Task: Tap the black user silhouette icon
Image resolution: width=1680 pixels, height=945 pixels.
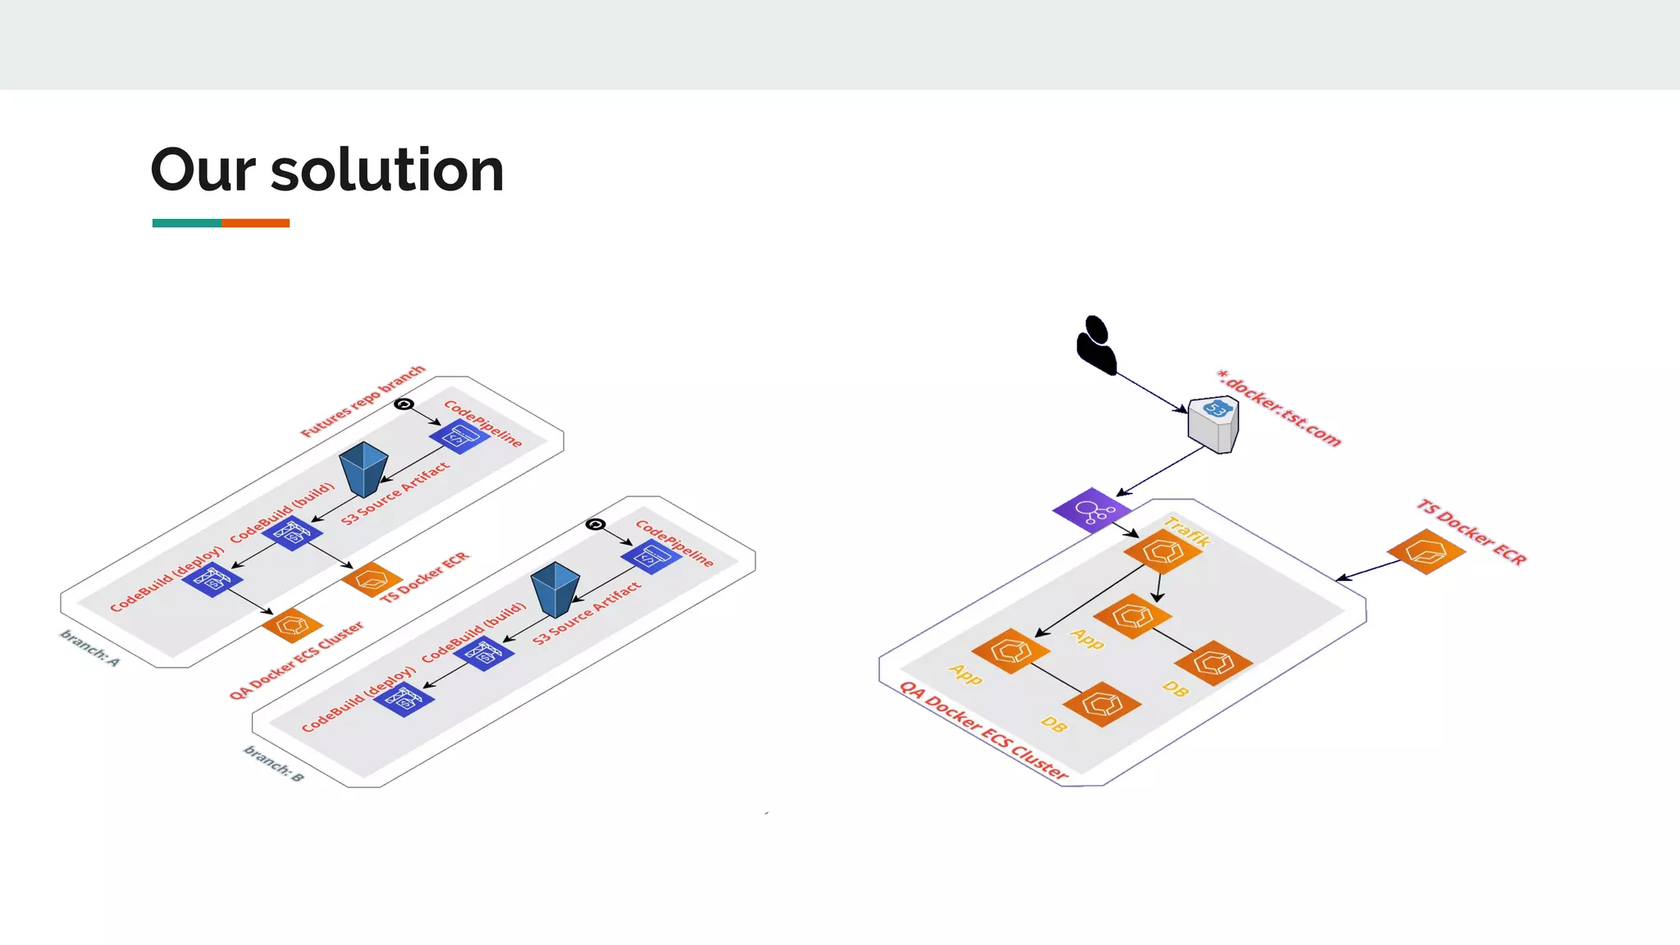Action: [x=1096, y=345]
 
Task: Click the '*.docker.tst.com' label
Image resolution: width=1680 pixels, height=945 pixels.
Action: [x=1279, y=409]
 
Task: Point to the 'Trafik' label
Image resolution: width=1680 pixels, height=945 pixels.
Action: [x=1187, y=532]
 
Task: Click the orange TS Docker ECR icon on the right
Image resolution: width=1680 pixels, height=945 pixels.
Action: [x=1426, y=551]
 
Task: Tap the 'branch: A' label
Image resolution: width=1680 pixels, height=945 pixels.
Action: [x=90, y=648]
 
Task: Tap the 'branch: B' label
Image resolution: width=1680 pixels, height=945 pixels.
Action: [x=274, y=764]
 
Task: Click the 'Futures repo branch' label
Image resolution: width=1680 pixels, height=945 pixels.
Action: [x=363, y=401]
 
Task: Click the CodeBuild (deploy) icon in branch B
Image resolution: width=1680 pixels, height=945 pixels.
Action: [x=404, y=699]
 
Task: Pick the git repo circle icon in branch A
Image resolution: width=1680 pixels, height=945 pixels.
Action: [x=404, y=404]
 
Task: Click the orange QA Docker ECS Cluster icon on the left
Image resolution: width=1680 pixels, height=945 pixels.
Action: [x=292, y=626]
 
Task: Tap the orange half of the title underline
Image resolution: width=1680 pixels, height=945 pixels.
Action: [x=255, y=223]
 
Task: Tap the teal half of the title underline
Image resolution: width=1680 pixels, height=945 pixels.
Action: [x=186, y=223]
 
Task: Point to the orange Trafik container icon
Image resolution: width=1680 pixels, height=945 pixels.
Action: [x=1162, y=551]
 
